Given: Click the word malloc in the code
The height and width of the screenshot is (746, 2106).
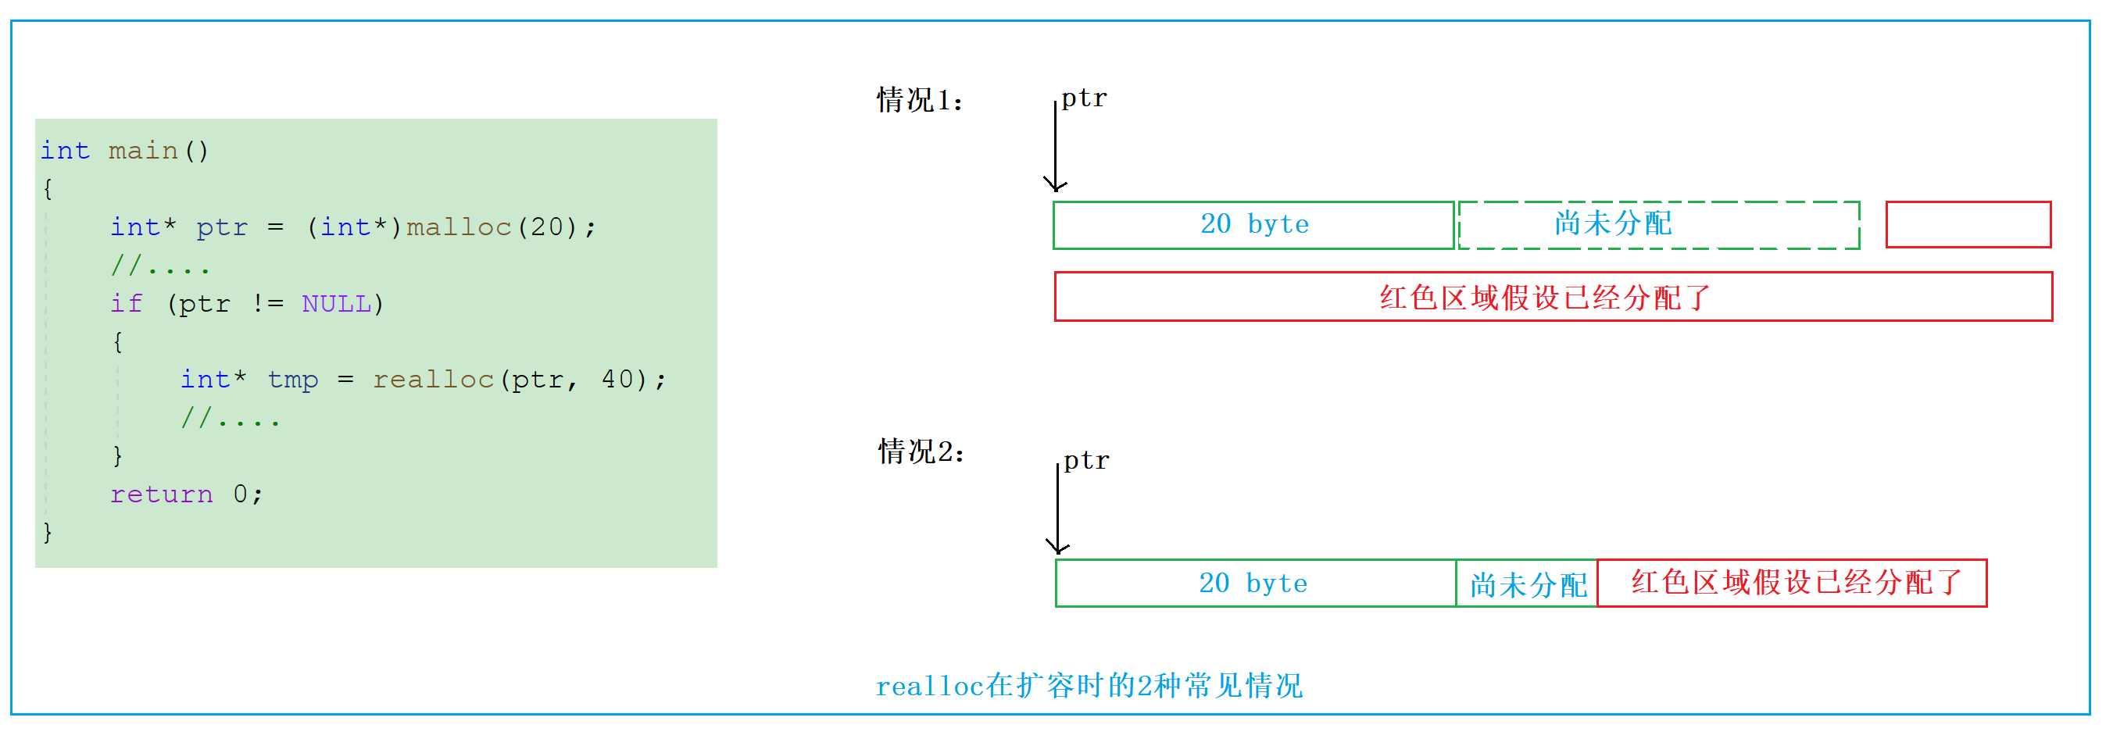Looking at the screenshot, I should point(459,227).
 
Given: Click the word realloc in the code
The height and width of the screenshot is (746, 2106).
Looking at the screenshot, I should point(433,379).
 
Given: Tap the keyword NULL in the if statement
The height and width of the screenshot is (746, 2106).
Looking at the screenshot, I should point(336,303).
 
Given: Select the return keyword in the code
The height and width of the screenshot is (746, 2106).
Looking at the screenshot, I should point(161,494).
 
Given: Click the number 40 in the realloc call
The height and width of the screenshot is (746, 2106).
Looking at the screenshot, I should point(617,379).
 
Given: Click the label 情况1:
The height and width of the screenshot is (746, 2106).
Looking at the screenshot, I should point(919,101).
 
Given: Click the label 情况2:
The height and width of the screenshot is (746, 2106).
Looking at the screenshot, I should point(921,451).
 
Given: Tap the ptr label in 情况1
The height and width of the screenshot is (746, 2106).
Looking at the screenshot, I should point(1083,98).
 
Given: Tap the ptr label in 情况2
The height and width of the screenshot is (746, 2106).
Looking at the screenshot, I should point(1085,460).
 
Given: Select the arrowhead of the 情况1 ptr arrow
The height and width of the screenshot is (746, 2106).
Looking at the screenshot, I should point(1056,185).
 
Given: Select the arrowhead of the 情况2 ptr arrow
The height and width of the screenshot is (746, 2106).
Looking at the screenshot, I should point(1058,548).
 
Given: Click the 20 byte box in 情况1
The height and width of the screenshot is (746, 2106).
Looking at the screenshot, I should point(1253,225).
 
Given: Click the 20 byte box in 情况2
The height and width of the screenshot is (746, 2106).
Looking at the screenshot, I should point(1254,583).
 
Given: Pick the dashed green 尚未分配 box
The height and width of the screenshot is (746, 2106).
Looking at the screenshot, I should point(1658,225).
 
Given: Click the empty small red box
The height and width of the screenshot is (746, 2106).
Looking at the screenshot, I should point(1967,224).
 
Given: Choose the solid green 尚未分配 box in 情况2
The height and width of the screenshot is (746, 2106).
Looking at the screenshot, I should point(1526,584).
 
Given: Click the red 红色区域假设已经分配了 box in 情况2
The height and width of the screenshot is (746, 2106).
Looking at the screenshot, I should point(1791,583).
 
